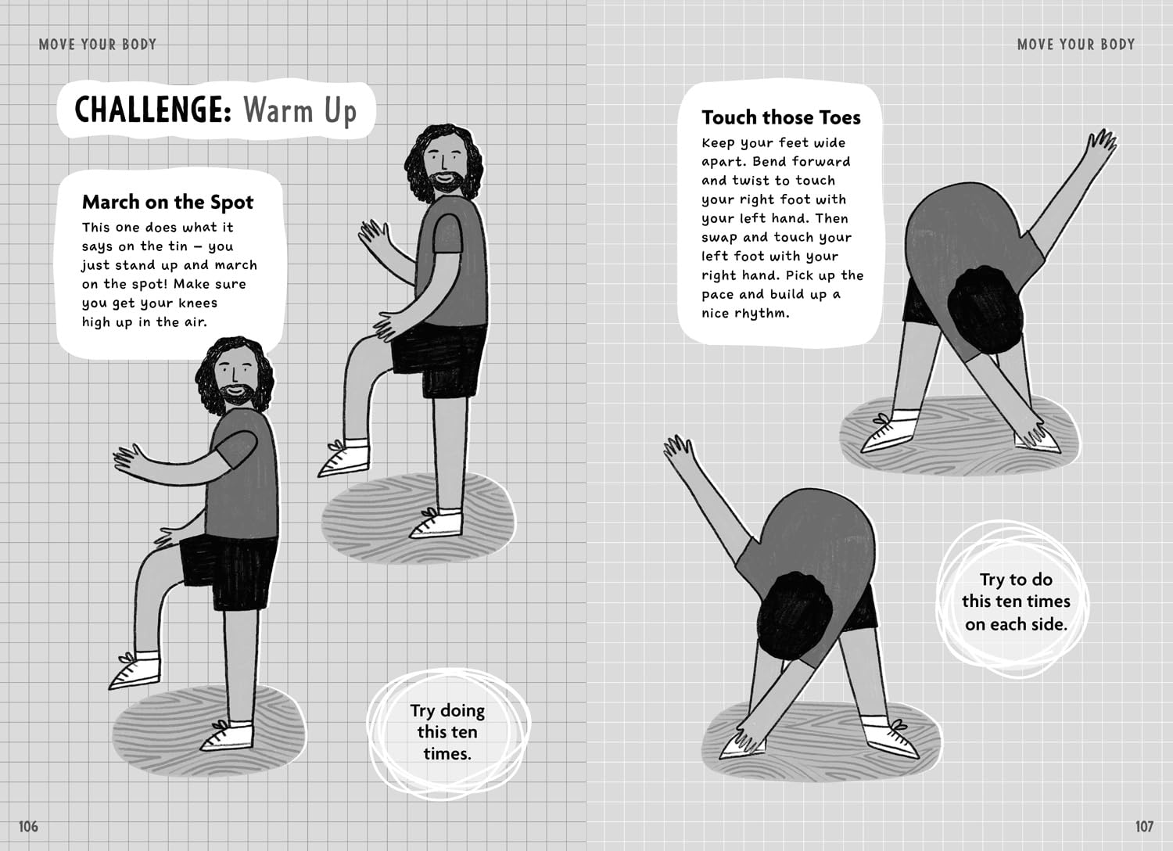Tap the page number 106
click(x=28, y=827)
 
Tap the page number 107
click(x=1144, y=827)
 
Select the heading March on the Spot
click(x=167, y=202)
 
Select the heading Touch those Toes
click(x=780, y=117)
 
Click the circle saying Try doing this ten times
click(x=448, y=731)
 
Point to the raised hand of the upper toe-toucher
click(x=1102, y=142)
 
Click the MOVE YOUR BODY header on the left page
click(x=98, y=45)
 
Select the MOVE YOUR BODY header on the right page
click(x=1075, y=45)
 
